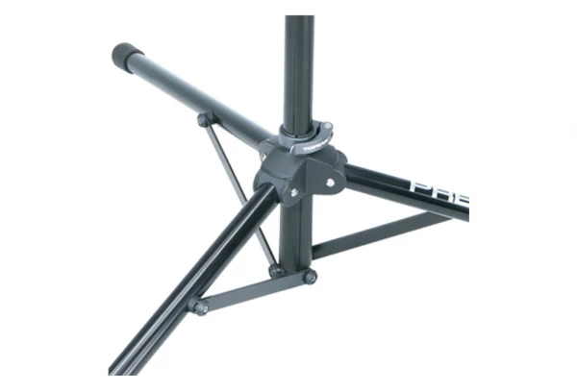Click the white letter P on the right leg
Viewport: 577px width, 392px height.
[x=419, y=185]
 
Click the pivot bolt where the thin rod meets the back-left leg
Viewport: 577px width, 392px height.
[x=203, y=119]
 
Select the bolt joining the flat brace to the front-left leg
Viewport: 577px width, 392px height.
[x=199, y=307]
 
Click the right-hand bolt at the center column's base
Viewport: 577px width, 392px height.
[x=310, y=278]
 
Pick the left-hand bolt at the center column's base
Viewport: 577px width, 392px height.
[x=276, y=271]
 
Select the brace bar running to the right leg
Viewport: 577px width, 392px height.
[x=385, y=235]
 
